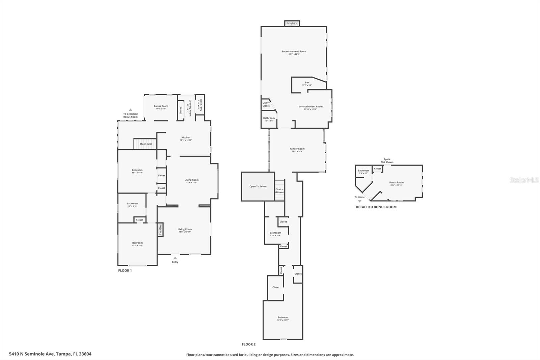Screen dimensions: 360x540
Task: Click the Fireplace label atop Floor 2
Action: click(292, 23)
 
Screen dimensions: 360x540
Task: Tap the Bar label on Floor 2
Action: click(307, 82)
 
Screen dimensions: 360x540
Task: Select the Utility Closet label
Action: click(266, 104)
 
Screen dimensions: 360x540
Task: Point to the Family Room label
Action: click(297, 149)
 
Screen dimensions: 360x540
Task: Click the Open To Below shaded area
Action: click(258, 186)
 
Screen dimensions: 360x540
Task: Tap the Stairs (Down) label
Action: click(279, 191)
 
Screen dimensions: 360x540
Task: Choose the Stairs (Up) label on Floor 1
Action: click(145, 144)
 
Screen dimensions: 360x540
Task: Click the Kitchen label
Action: click(186, 137)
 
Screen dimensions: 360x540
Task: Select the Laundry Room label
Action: click(190, 108)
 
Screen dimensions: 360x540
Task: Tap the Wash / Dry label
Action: click(200, 105)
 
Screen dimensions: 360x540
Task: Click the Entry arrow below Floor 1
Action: click(175, 258)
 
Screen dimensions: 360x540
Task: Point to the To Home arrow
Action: click(359, 201)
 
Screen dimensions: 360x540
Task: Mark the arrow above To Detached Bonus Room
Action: click(130, 110)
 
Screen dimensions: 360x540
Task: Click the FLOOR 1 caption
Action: click(125, 271)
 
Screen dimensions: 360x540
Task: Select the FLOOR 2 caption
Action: click(249, 344)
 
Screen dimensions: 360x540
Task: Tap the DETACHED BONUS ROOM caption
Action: click(376, 207)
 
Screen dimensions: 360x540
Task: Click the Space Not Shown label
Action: click(387, 161)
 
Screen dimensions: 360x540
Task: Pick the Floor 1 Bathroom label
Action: click(132, 204)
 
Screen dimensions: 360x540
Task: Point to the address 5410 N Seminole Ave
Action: click(50, 354)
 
